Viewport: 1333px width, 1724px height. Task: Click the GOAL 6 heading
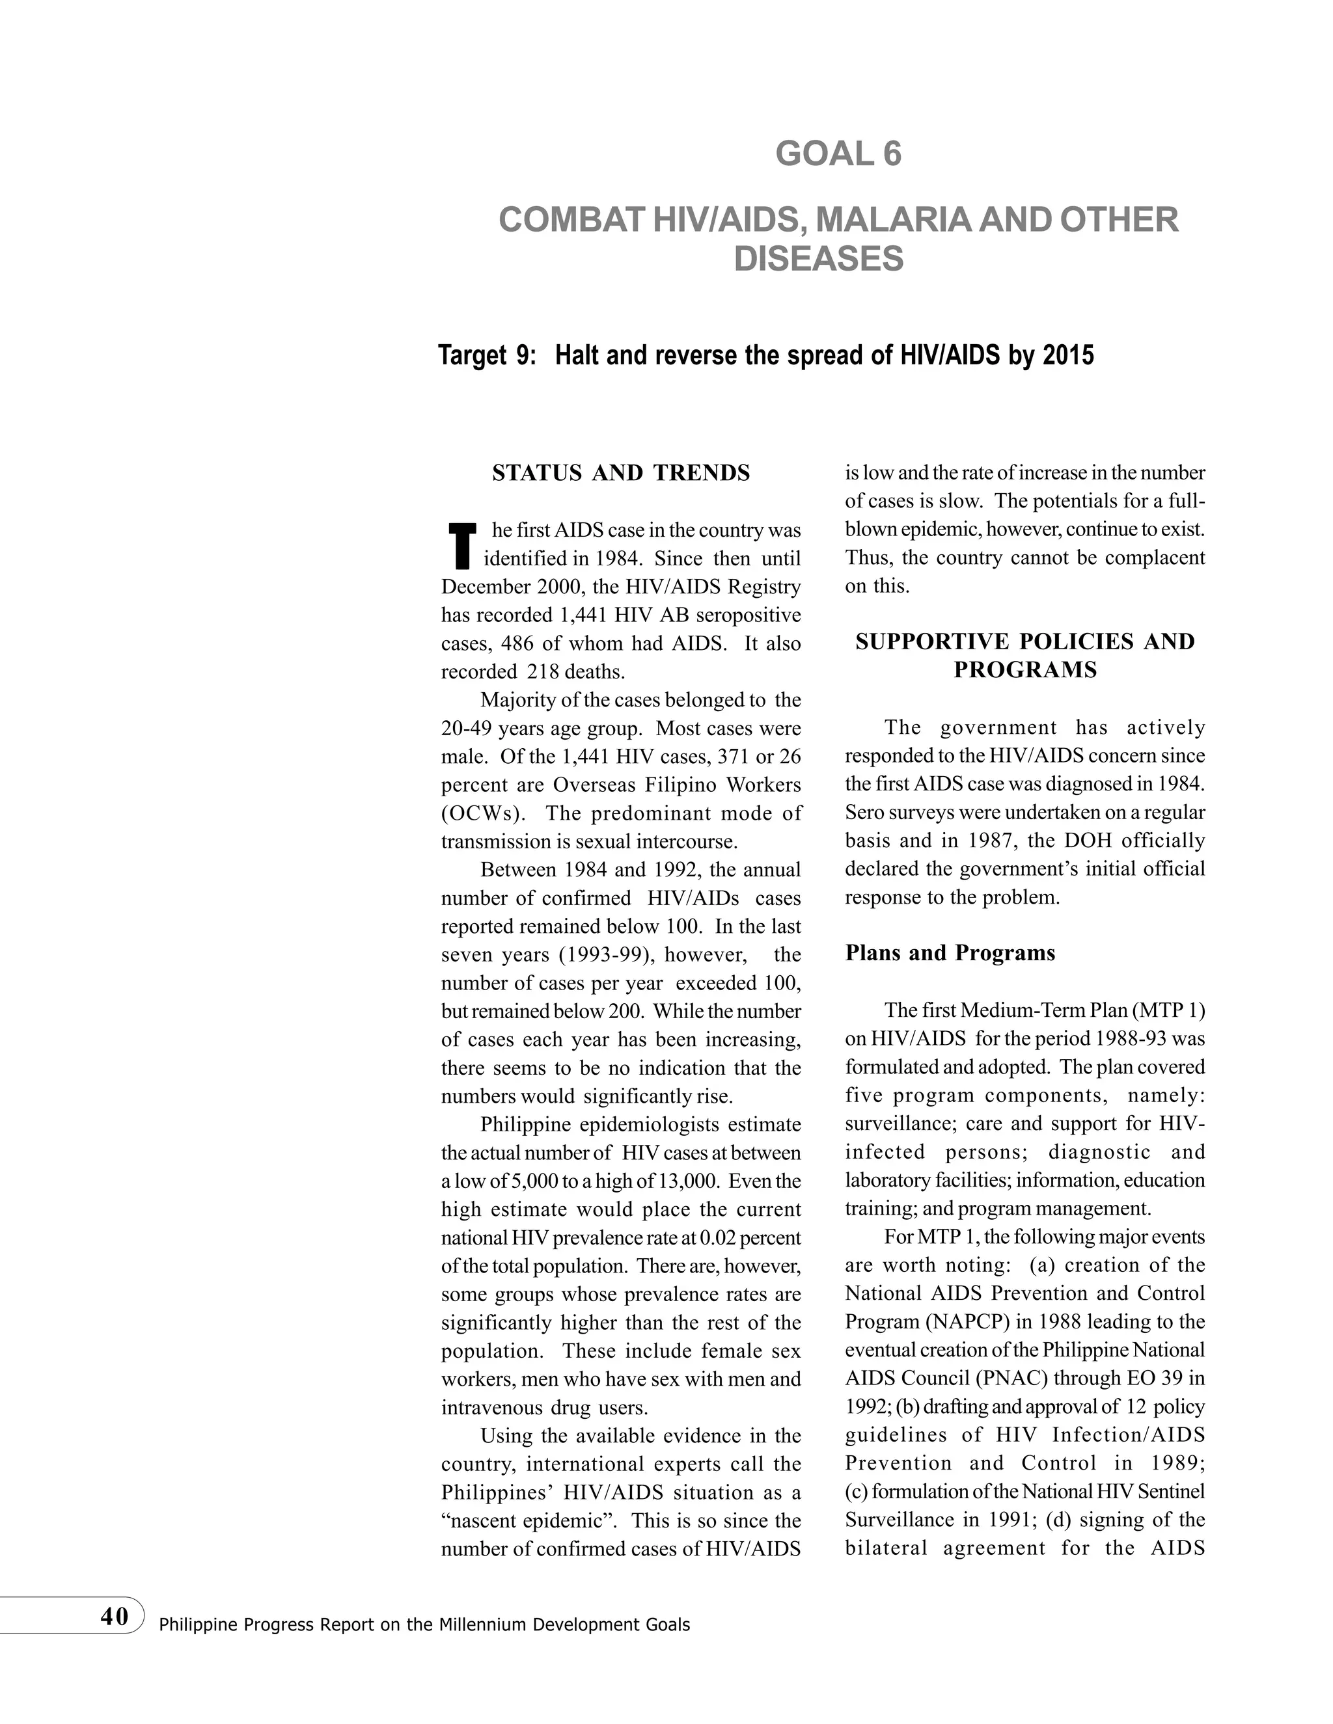pyautogui.click(x=838, y=154)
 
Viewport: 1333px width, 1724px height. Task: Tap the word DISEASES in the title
pyautogui.click(x=818, y=260)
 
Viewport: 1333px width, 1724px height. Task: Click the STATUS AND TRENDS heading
pyautogui.click(x=621, y=474)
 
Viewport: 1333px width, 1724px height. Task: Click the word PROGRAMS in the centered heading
pyautogui.click(x=1024, y=670)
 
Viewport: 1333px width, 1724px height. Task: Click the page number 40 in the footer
pyautogui.click(x=115, y=1616)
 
